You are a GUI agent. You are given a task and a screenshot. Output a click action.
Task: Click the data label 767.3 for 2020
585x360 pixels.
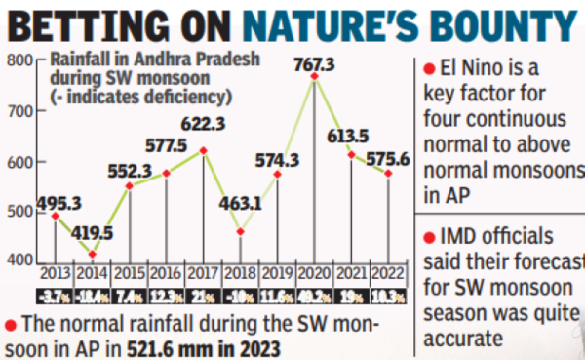tap(315, 64)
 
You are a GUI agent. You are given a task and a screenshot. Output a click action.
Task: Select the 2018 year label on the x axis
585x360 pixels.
tap(241, 273)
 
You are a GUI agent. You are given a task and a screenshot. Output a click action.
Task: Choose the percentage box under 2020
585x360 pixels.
tap(315, 294)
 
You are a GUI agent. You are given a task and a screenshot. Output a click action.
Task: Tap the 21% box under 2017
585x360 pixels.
tap(204, 294)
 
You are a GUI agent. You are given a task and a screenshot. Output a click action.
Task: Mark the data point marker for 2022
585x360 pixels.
tap(389, 175)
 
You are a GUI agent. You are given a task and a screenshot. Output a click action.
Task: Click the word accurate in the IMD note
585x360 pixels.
tap(464, 339)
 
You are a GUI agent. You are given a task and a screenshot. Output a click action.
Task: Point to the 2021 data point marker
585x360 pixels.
tap(352, 155)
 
